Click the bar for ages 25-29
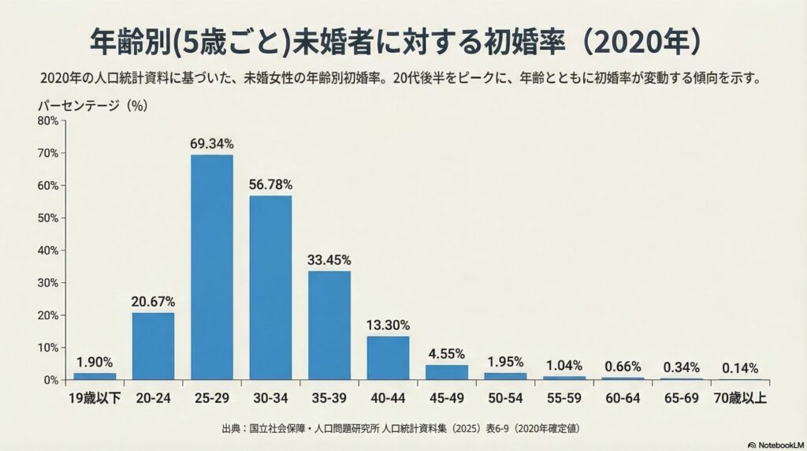(x=211, y=267)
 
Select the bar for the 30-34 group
(x=270, y=288)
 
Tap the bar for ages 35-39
(x=329, y=326)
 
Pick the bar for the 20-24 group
(x=153, y=346)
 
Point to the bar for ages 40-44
(x=388, y=358)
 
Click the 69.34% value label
(x=211, y=143)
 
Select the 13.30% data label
(x=388, y=324)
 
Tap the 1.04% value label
(x=563, y=365)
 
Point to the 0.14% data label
(x=740, y=368)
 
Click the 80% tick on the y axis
(x=47, y=121)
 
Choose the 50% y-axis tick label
(x=47, y=218)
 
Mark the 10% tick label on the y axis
(x=47, y=348)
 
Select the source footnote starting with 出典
(x=403, y=429)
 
